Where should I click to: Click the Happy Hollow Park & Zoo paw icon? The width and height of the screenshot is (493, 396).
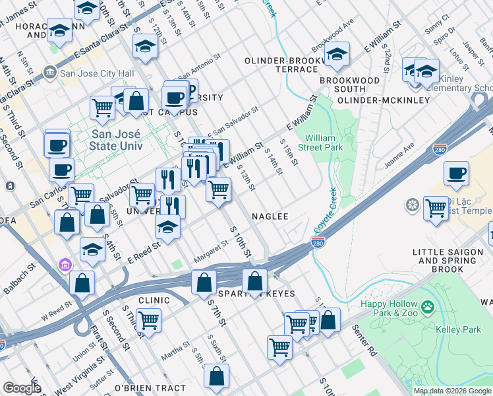pos(429,306)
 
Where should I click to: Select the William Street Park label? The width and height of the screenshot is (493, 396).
pos(324,143)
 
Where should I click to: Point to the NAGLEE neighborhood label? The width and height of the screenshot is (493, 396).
pos(270,216)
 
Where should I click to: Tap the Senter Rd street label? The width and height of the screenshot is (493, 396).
pos(364,340)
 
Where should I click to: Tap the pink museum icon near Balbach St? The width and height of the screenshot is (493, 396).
pos(65,265)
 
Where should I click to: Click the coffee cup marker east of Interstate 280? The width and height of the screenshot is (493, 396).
pos(456,174)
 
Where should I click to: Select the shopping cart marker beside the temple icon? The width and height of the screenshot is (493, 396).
pos(436,208)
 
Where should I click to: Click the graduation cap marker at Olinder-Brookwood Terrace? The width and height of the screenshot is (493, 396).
pos(337,55)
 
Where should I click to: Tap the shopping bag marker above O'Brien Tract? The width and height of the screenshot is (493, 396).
pos(216,376)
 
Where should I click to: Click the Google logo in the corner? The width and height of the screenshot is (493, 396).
pos(22,388)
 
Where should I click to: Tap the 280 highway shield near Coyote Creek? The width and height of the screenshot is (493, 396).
pos(316,245)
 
